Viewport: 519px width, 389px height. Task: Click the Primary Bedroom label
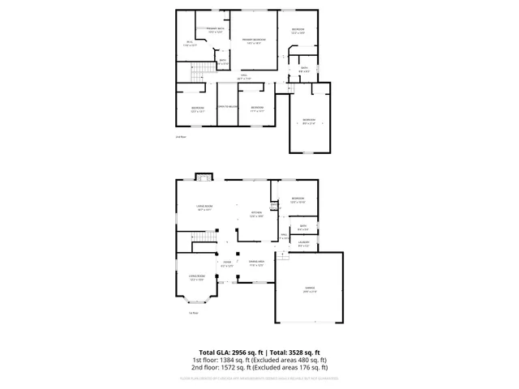[253, 41]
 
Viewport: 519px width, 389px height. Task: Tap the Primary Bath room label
[214, 31]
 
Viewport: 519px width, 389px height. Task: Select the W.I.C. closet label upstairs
[189, 44]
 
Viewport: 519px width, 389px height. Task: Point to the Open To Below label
[226, 107]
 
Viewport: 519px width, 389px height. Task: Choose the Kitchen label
[256, 214]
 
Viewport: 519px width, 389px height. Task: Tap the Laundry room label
[303, 244]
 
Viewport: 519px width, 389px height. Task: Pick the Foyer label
[227, 263]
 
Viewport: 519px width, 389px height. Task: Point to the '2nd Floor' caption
[181, 137]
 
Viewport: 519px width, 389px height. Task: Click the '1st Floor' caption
[193, 313]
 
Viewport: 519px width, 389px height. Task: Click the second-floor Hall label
[242, 78]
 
